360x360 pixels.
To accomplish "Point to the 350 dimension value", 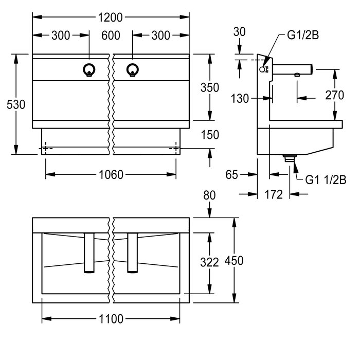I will [209, 87].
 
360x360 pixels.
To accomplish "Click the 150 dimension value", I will [210, 135].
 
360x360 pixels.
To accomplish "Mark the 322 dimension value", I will [209, 262].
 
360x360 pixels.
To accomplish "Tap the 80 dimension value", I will [209, 196].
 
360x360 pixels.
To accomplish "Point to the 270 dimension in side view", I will [335, 94].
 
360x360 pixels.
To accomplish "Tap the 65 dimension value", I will [231, 175].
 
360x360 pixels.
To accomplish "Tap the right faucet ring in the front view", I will [133, 70].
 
